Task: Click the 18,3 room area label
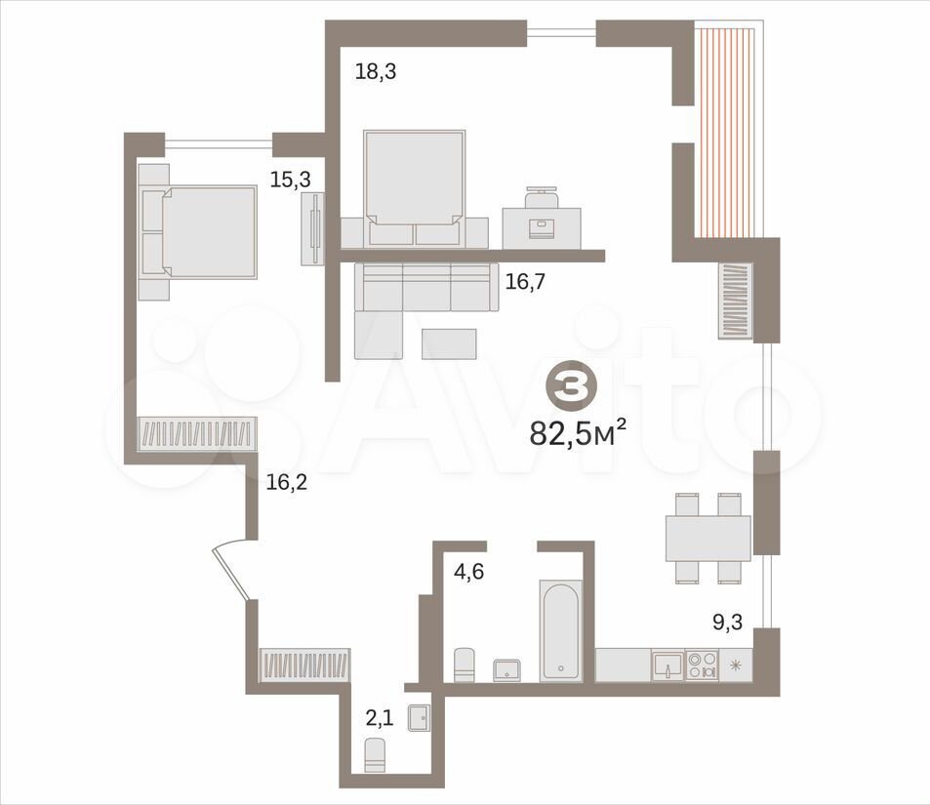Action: click(x=376, y=72)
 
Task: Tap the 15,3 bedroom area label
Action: click(x=291, y=180)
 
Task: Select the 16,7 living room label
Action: click(x=525, y=281)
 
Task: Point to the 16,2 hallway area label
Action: click(x=287, y=483)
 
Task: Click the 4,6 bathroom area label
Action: click(x=468, y=573)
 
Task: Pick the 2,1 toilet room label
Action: click(x=379, y=719)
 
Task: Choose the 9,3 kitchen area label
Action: click(x=728, y=622)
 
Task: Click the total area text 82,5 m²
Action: click(x=578, y=432)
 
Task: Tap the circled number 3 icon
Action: click(x=567, y=386)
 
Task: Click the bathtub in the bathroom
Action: click(x=559, y=630)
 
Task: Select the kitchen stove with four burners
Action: click(x=702, y=664)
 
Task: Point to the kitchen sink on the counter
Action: click(x=667, y=664)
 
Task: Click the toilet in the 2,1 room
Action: click(x=375, y=754)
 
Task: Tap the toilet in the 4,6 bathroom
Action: click(x=465, y=665)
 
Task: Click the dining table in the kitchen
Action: click(x=708, y=538)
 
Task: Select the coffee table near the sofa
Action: click(x=449, y=344)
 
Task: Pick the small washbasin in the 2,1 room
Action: click(x=420, y=718)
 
